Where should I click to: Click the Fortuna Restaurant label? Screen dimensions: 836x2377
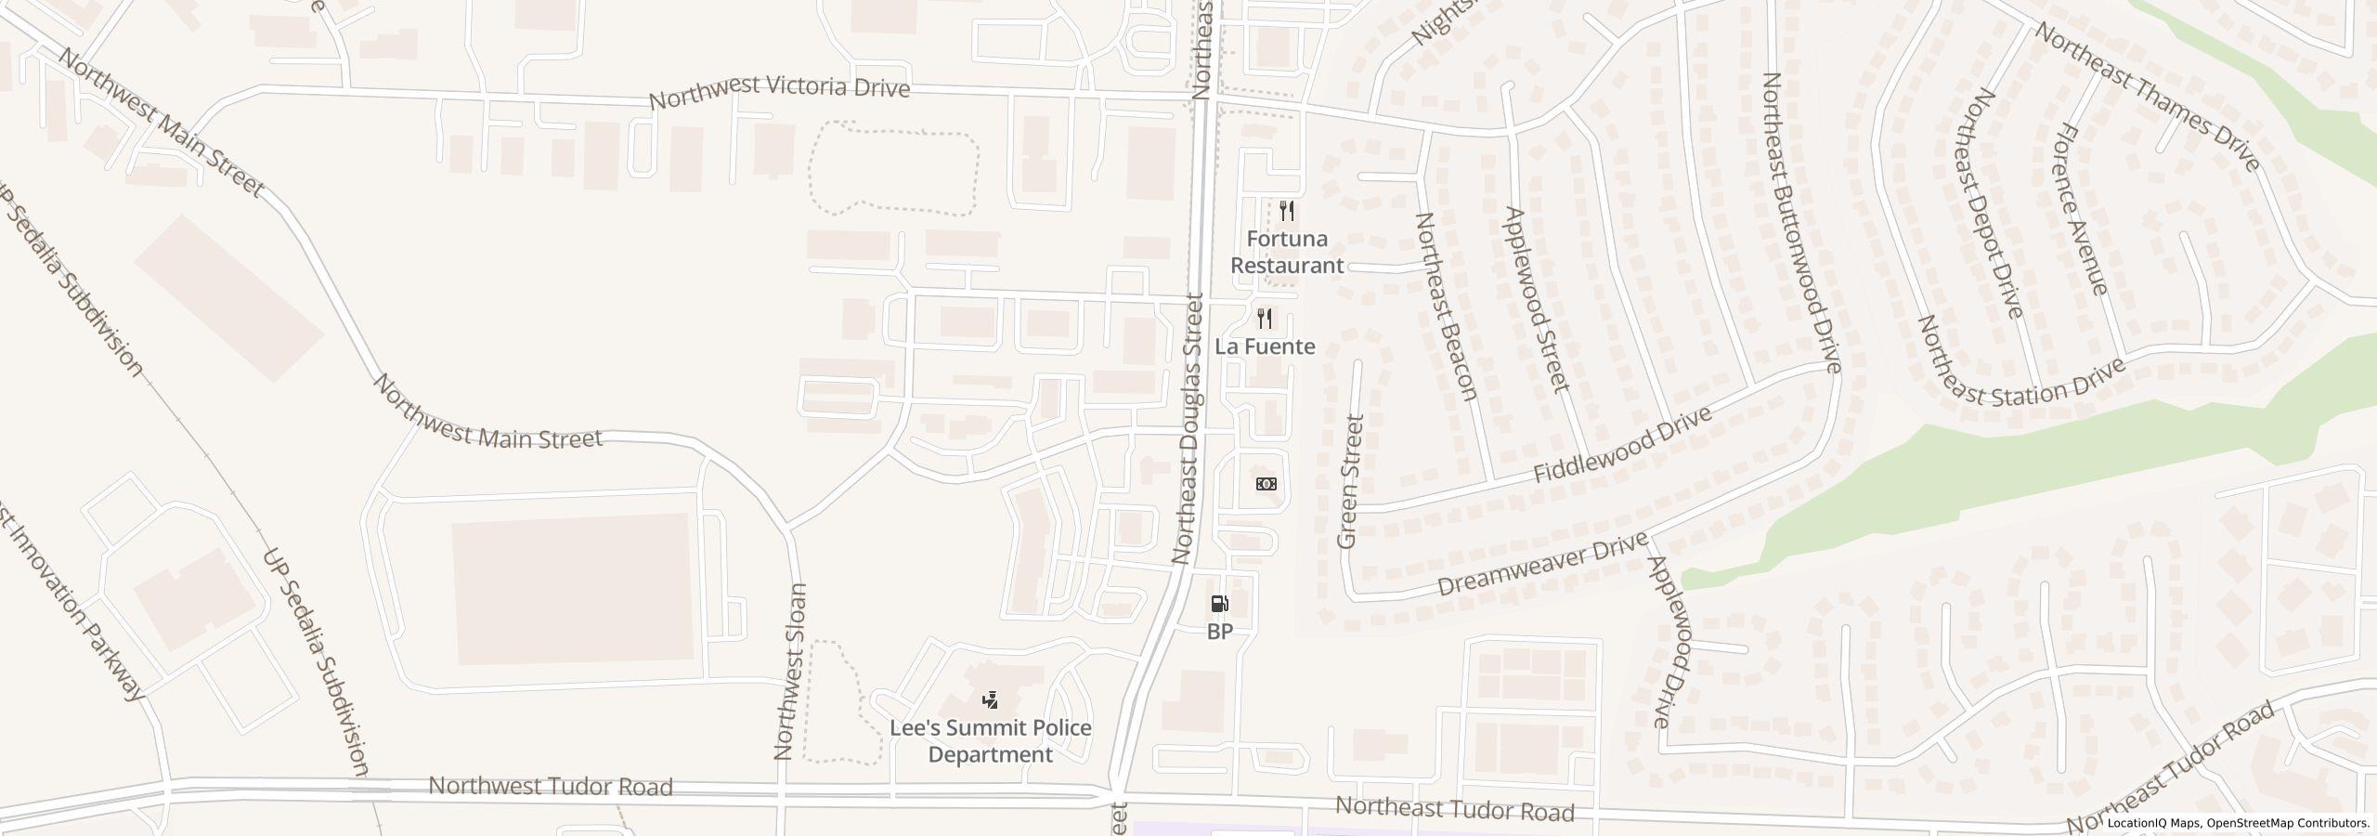coord(1287,252)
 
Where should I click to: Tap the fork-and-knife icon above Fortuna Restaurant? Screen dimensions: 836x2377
coord(1287,211)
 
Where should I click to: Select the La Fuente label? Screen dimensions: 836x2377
coord(1266,346)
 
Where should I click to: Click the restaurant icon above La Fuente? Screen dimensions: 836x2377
coord(1265,320)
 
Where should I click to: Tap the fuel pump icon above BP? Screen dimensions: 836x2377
coord(1219,605)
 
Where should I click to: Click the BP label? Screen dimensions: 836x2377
coord(1219,632)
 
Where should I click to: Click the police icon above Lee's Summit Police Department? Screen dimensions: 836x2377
coord(991,699)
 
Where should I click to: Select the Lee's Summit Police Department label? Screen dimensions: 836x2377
coord(991,740)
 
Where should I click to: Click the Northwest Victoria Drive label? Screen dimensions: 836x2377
coord(779,93)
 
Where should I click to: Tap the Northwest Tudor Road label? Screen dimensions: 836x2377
coord(551,787)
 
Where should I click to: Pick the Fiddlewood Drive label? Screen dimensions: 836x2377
coord(1622,443)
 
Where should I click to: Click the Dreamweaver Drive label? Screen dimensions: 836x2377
coord(1542,564)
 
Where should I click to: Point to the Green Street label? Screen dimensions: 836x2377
coord(1349,481)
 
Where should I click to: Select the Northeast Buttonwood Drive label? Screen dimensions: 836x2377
coord(1800,223)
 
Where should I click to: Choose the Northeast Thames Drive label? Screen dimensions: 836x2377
coord(2147,97)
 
